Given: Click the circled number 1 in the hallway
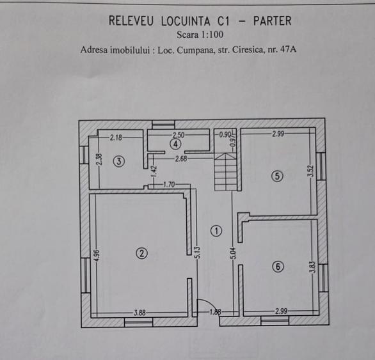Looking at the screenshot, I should point(216,231).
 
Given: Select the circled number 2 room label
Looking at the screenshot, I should point(141,253).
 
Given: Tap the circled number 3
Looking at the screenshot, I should point(119,161).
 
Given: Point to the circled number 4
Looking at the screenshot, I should point(175,145).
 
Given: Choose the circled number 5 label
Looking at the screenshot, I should point(276,176).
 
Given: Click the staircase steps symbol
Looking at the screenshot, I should point(226,170).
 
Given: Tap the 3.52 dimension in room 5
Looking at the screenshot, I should point(310,171).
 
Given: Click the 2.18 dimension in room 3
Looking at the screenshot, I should point(116,137).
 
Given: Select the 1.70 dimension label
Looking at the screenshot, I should point(169,185).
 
